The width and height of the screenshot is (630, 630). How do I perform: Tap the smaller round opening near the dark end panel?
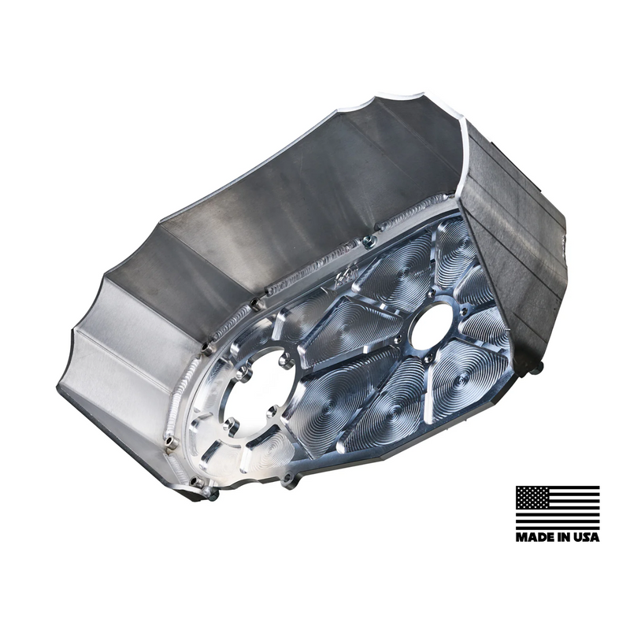click(x=432, y=325)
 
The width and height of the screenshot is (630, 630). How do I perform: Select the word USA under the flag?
click(x=584, y=537)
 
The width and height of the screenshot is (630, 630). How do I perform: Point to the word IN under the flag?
click(x=560, y=537)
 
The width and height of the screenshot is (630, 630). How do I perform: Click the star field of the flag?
click(x=532, y=497)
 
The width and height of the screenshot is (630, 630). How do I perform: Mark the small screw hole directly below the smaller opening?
click(x=427, y=358)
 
